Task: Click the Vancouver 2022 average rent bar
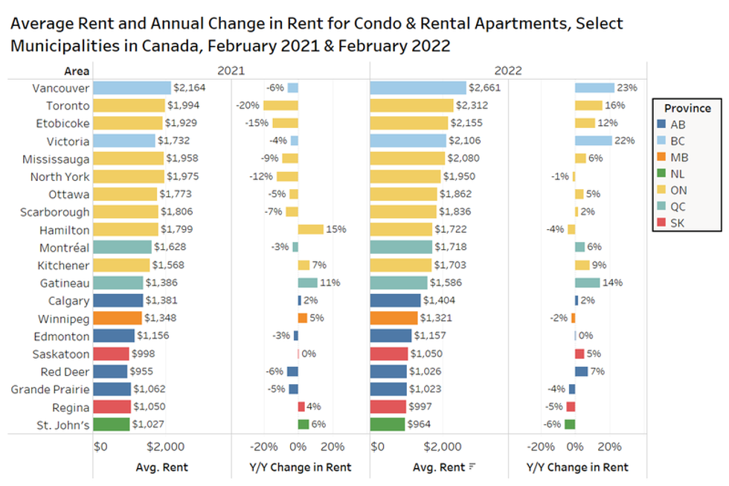pos(418,88)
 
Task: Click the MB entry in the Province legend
pos(678,157)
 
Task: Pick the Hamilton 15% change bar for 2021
pos(310,229)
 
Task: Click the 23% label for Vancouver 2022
pos(626,88)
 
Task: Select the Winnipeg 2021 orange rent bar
pos(118,319)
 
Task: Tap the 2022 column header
pos(508,71)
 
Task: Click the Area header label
pos(77,71)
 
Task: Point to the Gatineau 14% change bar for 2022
pos(587,283)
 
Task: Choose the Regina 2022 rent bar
pos(388,407)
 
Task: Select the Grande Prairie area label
pos(51,389)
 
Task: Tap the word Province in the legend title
pos(687,108)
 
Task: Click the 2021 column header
pos(231,71)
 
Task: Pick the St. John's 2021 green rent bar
pos(111,425)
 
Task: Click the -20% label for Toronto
pos(247,106)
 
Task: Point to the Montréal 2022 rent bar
pos(401,247)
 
